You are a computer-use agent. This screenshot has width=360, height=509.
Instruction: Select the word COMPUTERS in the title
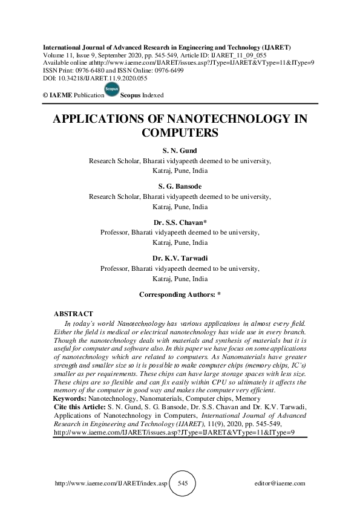point(179,132)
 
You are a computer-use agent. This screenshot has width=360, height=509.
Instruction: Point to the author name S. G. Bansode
point(180,187)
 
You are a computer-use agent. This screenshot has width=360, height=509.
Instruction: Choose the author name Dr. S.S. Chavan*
point(180,222)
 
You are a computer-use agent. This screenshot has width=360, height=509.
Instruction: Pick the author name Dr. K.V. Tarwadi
point(180,258)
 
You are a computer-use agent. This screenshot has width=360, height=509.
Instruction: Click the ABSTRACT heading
point(73,314)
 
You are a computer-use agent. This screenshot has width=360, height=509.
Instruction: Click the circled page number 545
point(183,484)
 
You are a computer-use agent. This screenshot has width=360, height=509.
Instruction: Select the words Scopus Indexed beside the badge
point(142,96)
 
